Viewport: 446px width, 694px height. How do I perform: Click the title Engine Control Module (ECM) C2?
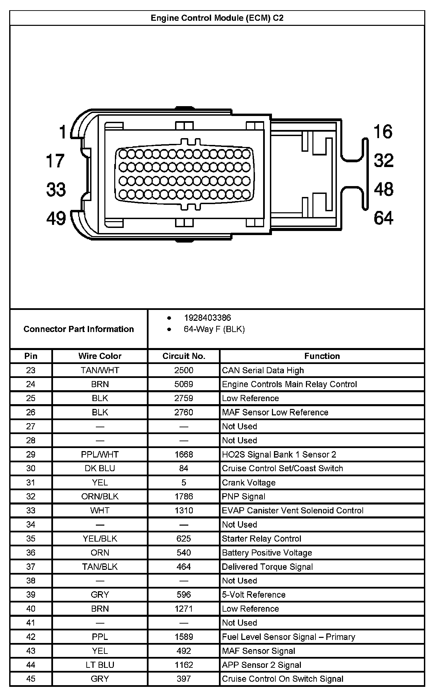coord(217,18)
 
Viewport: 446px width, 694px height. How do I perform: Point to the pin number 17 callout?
coord(55,161)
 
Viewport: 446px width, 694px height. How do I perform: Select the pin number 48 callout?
coord(383,189)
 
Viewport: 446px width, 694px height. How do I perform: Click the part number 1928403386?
coord(207,318)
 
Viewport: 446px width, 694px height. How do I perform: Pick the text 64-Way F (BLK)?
coord(214,329)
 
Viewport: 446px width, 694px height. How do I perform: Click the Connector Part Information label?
coord(79,329)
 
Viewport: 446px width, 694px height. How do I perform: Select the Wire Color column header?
coord(100,356)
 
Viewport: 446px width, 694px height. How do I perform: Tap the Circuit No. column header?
coord(184,356)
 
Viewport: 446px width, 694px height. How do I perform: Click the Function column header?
coord(322,356)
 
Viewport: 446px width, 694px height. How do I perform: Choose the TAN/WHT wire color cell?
coord(100,370)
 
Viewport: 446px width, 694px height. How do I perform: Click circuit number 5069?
coord(184,384)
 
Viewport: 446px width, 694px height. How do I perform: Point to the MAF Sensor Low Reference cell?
coord(275,412)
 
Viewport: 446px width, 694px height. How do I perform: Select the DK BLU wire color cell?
coord(100,468)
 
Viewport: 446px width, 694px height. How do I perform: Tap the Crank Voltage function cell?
coord(248,482)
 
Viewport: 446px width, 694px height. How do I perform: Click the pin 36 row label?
coord(31,552)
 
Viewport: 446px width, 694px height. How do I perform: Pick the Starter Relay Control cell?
coord(261,539)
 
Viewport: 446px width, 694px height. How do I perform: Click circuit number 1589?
coord(184,637)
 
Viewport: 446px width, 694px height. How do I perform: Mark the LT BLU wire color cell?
coord(100,665)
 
